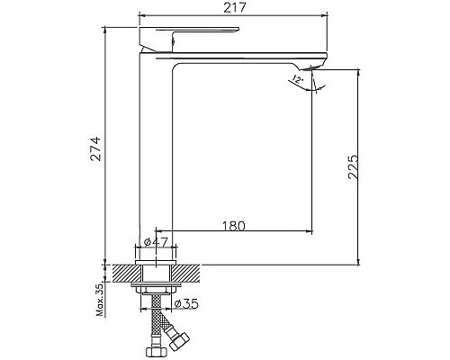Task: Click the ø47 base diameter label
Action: pos(156,241)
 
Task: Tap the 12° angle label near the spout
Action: pos(296,80)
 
